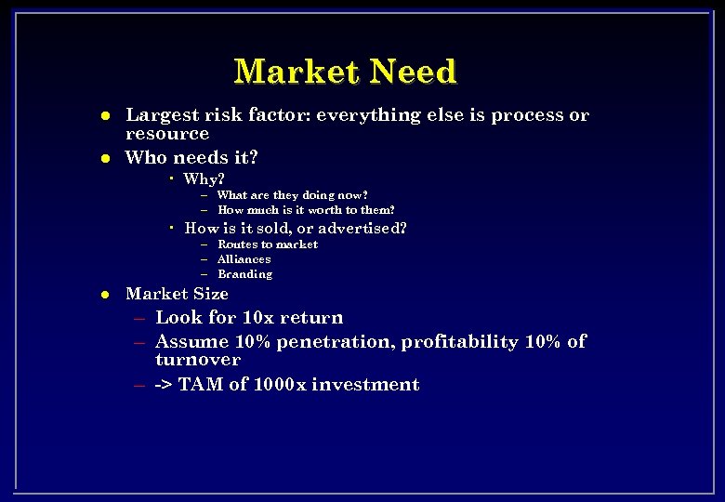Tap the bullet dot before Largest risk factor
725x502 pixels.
pos(106,116)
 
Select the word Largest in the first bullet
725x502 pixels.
pos(163,115)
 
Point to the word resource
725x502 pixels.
pos(167,134)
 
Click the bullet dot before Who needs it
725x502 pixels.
pos(106,158)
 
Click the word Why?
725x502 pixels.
pos(204,178)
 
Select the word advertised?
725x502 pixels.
pos(364,228)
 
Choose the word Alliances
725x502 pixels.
pos(244,259)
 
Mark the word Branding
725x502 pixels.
pos(244,274)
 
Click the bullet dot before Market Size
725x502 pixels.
pos(106,295)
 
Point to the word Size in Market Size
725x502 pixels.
pos(209,294)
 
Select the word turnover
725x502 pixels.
pos(198,360)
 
